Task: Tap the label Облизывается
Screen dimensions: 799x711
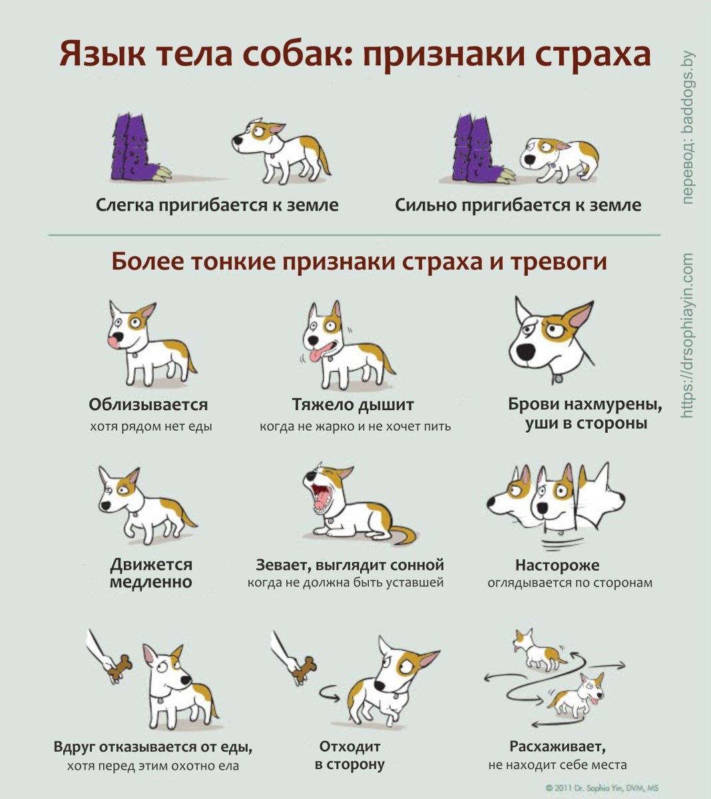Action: click(148, 404)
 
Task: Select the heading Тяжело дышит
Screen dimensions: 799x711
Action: click(353, 404)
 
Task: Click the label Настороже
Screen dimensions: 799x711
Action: click(557, 565)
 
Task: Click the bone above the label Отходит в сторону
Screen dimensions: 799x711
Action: click(306, 668)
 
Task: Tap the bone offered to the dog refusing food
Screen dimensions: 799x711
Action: click(122, 668)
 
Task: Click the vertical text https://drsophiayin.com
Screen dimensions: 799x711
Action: click(688, 336)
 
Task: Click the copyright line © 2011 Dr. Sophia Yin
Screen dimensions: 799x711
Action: click(602, 787)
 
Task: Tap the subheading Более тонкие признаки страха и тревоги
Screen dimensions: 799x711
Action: click(359, 261)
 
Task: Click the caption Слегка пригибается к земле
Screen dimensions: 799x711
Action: click(217, 205)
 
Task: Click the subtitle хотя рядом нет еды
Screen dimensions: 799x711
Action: click(150, 426)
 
